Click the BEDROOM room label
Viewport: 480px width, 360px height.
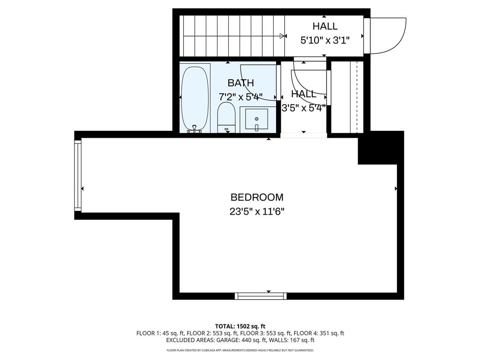coord(257,197)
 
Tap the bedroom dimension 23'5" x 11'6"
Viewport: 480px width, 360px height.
coord(257,211)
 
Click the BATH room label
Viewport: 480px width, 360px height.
coord(240,83)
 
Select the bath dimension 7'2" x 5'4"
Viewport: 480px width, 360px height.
coord(240,97)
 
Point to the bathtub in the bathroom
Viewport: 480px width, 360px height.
coord(195,99)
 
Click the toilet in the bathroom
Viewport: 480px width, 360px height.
coord(226,118)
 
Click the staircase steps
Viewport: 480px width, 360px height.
coord(232,36)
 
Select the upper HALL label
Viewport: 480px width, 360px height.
coord(325,27)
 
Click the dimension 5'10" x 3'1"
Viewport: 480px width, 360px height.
coord(325,40)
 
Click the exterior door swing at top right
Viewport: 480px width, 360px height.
coord(388,36)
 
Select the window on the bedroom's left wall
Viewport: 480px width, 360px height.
coord(78,175)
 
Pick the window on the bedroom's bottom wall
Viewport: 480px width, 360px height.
coord(261,296)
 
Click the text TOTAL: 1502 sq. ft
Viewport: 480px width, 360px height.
coord(240,326)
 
